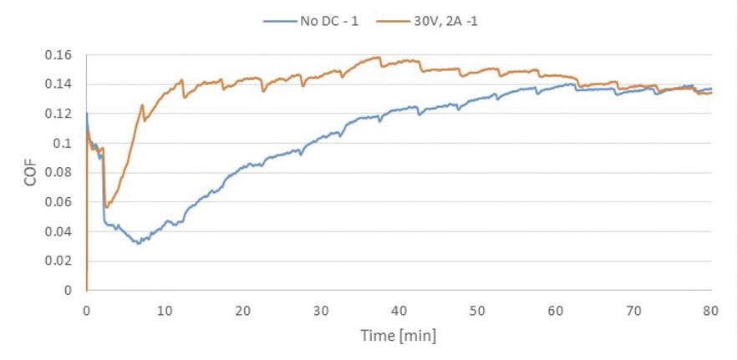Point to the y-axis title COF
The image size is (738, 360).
coord(30,172)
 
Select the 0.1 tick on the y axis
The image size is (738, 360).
coord(67,144)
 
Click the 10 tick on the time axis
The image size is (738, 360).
coord(165,309)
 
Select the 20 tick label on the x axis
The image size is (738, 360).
coord(242,309)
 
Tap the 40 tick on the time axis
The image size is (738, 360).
coord(399,309)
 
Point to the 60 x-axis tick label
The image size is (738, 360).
coord(555,309)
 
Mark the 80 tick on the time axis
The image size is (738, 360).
coord(711,309)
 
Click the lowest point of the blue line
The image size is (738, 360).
coord(139,243)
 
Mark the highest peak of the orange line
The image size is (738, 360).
coord(379,57)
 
